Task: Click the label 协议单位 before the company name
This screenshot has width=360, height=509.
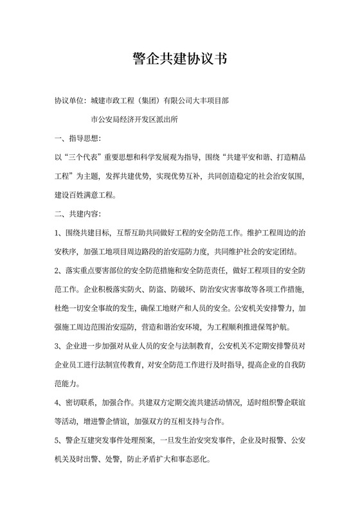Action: [70, 101]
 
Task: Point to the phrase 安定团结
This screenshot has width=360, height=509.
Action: [291, 250]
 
